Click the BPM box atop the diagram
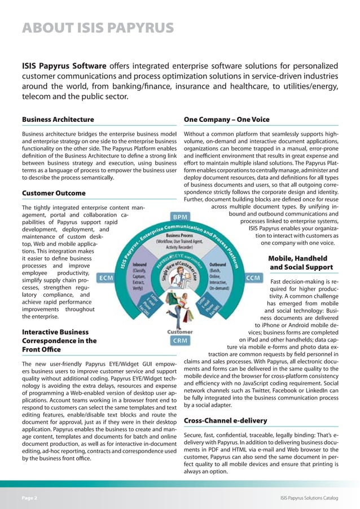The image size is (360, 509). point(180,217)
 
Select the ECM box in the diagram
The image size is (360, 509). point(107,278)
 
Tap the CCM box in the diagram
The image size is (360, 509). point(253,278)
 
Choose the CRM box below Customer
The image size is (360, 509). point(180,341)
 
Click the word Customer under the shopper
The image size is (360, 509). point(180,332)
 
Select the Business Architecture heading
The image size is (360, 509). point(58,120)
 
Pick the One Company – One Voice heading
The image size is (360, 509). point(227,120)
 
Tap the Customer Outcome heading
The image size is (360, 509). point(54,193)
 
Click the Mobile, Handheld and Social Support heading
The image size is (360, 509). point(301,262)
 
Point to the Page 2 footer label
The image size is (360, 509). point(30,498)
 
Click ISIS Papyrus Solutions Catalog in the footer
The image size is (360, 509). point(309,498)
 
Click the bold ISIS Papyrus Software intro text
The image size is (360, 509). point(64,67)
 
